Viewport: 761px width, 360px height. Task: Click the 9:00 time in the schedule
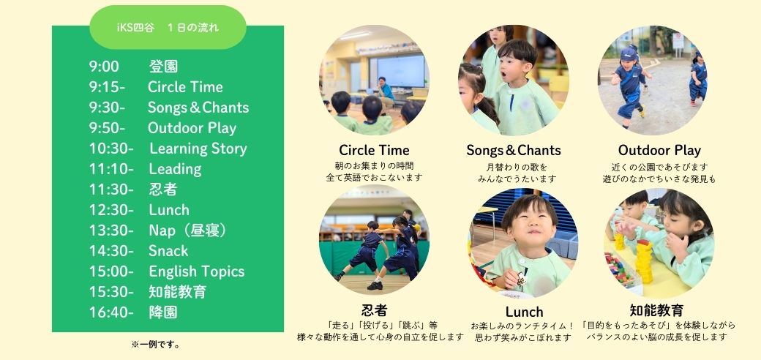pos(104,67)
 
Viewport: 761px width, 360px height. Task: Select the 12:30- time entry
pos(111,210)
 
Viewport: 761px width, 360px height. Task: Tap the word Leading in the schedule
pos(175,169)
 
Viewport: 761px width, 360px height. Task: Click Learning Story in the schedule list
pos(198,149)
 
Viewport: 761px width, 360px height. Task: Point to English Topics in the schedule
pos(197,271)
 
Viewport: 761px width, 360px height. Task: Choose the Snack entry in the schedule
pos(168,251)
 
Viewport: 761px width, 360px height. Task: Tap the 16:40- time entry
pos(111,312)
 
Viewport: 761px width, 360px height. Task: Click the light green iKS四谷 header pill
pos(168,27)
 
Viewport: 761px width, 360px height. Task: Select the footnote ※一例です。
pos(156,345)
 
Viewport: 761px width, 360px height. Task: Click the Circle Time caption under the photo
pos(374,150)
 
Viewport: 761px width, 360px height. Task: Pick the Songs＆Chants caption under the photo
pos(514,150)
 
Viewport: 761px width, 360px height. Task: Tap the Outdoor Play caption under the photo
pos(659,150)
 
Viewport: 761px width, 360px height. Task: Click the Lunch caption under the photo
pos(524,312)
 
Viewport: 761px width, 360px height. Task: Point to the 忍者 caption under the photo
pos(374,310)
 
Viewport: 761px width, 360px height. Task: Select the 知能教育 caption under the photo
pos(656,310)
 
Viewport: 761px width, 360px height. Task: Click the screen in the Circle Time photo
pos(401,71)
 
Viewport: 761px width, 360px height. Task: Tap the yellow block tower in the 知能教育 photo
pos(645,261)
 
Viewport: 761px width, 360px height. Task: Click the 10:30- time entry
pos(111,149)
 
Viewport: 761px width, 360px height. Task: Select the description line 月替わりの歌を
pos(517,168)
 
